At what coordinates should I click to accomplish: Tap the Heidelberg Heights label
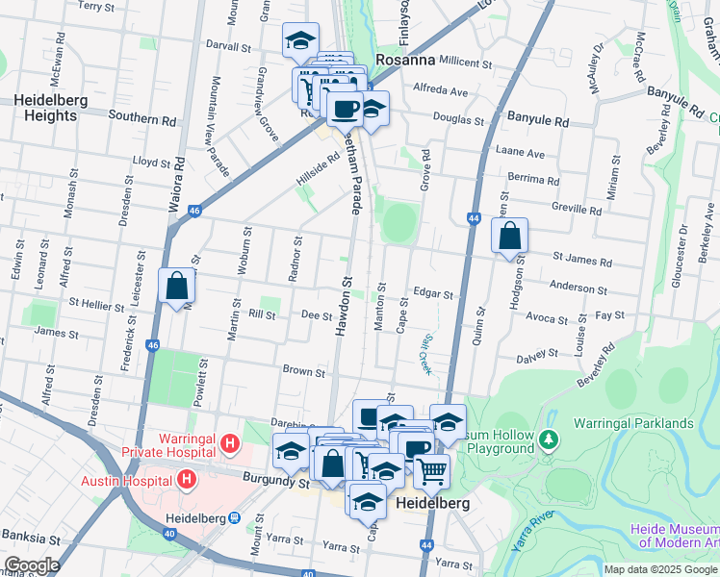(45, 108)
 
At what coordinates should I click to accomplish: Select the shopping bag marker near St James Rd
(509, 236)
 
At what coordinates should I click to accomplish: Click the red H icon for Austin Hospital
(187, 477)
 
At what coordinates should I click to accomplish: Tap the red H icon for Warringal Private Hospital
(229, 443)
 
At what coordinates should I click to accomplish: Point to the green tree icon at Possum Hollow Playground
(549, 439)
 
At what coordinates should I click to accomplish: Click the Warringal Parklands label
(632, 423)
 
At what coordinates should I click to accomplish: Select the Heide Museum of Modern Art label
(674, 537)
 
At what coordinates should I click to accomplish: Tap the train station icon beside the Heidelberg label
(234, 517)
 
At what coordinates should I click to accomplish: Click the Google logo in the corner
(32, 565)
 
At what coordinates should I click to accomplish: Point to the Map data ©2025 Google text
(660, 569)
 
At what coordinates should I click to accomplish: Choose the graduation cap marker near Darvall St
(300, 41)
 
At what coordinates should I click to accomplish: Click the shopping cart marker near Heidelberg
(432, 471)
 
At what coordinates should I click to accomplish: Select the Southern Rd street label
(142, 120)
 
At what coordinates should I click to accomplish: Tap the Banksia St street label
(32, 535)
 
